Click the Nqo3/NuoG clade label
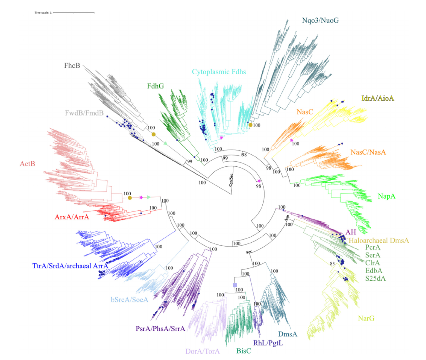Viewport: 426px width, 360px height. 320,20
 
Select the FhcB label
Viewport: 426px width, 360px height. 72,65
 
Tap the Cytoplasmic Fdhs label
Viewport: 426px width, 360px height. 219,72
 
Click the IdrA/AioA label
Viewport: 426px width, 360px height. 377,98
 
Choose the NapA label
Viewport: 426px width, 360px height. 387,196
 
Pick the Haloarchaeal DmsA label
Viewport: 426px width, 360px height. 379,241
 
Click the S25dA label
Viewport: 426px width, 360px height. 375,278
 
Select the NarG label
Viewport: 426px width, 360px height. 366,318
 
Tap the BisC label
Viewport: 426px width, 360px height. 244,351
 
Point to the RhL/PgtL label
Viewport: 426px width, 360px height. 268,343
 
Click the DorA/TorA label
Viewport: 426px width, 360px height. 202,351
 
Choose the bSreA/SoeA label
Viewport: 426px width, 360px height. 129,300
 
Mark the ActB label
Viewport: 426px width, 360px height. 27,164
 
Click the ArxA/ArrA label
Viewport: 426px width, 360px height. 72,217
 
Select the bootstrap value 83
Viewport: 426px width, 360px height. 332,263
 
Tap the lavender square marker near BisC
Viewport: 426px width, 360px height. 235,285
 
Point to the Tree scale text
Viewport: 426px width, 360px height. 43,13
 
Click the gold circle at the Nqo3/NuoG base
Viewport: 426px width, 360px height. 250,125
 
